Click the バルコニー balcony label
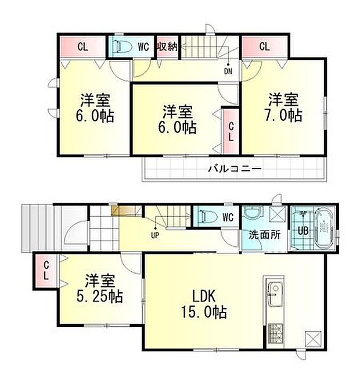click(x=235, y=169)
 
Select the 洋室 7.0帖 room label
click(x=285, y=106)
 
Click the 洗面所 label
click(x=257, y=236)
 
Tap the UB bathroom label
click(x=303, y=229)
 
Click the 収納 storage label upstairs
click(x=168, y=46)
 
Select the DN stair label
click(x=228, y=71)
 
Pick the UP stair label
click(x=155, y=235)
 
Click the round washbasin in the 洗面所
click(x=253, y=214)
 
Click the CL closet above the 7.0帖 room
click(x=264, y=46)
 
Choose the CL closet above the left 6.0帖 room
click(x=82, y=46)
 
